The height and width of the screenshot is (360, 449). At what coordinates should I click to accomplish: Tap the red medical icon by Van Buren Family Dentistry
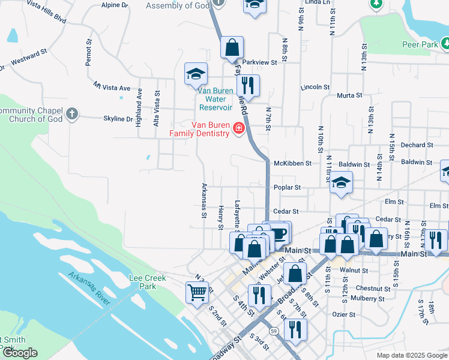coord(239,129)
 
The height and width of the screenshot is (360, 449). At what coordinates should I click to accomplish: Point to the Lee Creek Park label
coord(143,282)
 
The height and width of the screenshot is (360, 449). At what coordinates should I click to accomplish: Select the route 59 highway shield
coord(274,331)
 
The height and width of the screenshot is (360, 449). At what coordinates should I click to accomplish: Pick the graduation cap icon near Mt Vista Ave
coord(196,74)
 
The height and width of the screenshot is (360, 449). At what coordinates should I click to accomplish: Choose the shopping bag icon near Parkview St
coord(231,48)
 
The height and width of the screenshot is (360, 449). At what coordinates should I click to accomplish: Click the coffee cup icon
coord(279,232)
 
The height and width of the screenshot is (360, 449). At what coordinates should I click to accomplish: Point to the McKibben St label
coord(293,163)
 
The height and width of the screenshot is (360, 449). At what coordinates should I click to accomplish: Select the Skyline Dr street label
coord(118,119)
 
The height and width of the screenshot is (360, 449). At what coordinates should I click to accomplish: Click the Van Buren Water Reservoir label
coord(215,99)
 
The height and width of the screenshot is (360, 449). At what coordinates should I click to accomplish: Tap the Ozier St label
coord(344,314)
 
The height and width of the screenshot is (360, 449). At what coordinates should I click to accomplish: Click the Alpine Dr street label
coord(115,5)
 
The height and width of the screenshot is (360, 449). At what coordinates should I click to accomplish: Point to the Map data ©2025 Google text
coord(412,355)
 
